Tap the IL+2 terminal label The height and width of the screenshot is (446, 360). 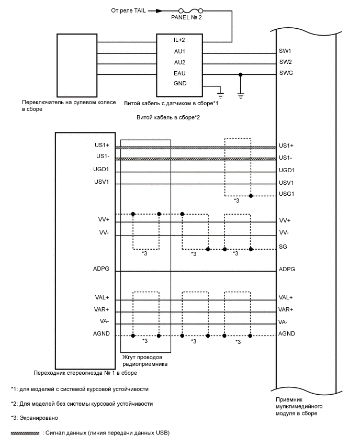179,40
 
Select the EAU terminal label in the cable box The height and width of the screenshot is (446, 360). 179,73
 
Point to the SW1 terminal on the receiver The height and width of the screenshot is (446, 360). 286,51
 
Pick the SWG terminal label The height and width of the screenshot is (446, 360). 286,73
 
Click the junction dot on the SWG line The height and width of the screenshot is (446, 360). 240,74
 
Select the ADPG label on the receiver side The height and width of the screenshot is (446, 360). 287,269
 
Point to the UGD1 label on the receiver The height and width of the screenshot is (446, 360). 287,170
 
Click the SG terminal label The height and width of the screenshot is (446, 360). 283,246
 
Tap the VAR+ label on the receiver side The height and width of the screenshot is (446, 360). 286,309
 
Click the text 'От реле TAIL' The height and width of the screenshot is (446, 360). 132,10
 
